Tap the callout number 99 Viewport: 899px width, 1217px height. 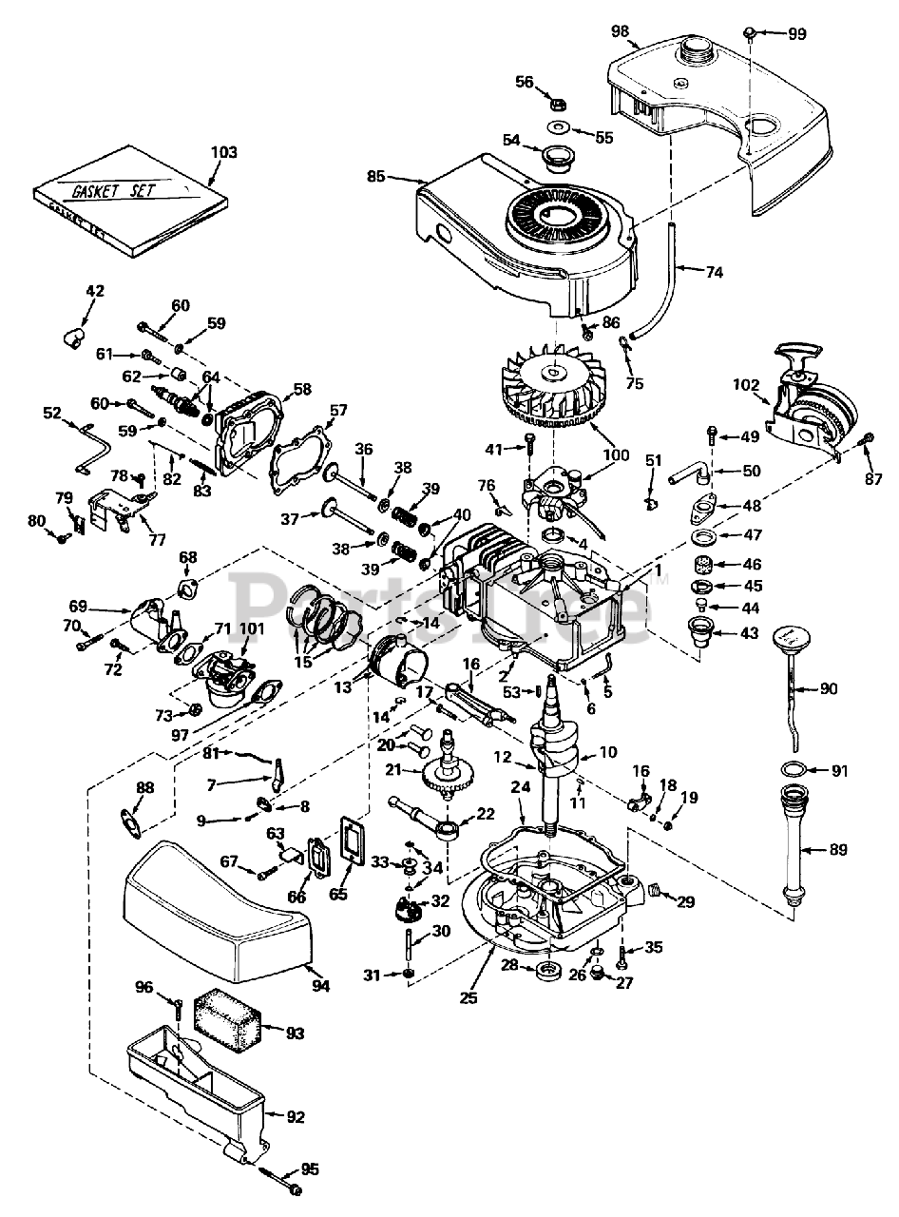(x=796, y=33)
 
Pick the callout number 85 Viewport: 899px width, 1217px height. (x=376, y=175)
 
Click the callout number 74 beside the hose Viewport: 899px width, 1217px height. (x=715, y=272)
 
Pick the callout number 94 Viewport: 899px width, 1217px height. (x=321, y=987)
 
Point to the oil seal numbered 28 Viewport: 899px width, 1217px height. (x=548, y=972)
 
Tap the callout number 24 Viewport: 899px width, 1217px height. (x=519, y=787)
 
